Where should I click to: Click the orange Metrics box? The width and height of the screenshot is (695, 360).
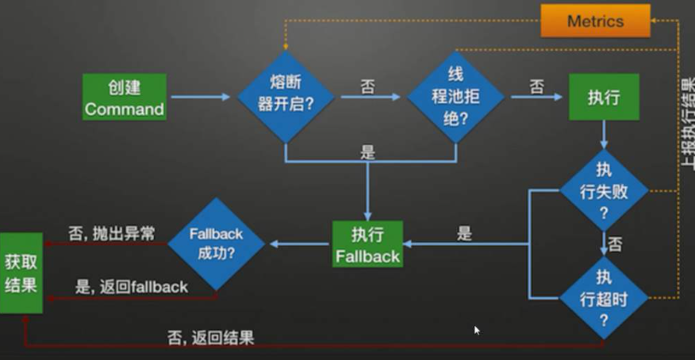point(595,21)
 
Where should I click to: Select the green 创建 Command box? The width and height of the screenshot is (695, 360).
point(125,98)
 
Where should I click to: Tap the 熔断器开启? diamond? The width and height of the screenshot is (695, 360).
point(285,98)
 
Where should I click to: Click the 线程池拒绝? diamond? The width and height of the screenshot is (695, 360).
point(455,98)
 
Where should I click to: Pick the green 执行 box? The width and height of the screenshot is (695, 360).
point(603,98)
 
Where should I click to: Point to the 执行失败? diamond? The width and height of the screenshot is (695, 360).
point(604,190)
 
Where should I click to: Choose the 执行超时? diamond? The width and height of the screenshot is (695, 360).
point(604,297)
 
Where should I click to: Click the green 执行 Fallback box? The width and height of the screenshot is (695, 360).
point(367,244)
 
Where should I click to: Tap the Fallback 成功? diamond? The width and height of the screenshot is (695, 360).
point(216,244)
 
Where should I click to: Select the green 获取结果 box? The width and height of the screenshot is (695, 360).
point(21,273)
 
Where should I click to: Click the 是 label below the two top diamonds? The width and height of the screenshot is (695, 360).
point(367,152)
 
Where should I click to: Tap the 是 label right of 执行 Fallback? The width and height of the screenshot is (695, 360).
point(464,234)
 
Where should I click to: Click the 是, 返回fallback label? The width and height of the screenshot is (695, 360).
point(132,287)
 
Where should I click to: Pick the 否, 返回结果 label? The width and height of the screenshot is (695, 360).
point(210,337)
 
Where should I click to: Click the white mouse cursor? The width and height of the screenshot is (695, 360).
point(478,330)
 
